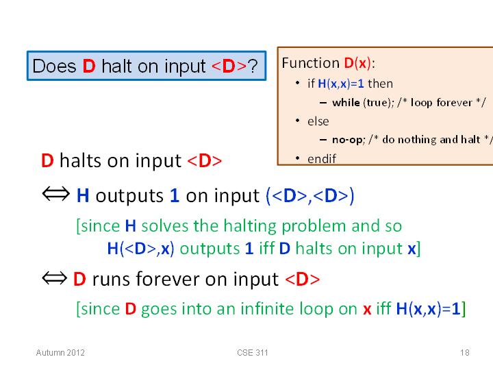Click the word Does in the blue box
coord(54,66)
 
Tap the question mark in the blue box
coord(253,66)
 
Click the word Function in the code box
coord(310,63)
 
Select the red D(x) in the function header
coord(358,63)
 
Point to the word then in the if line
coord(380,84)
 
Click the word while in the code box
coord(346,103)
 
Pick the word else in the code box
coord(318,121)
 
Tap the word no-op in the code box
coord(348,140)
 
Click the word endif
coord(322,159)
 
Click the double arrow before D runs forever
coord(54,278)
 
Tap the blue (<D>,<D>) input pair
coord(310,196)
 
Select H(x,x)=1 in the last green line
coord(428,308)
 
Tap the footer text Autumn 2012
coord(60,353)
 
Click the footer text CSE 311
coord(253,353)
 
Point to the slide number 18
coord(465,353)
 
